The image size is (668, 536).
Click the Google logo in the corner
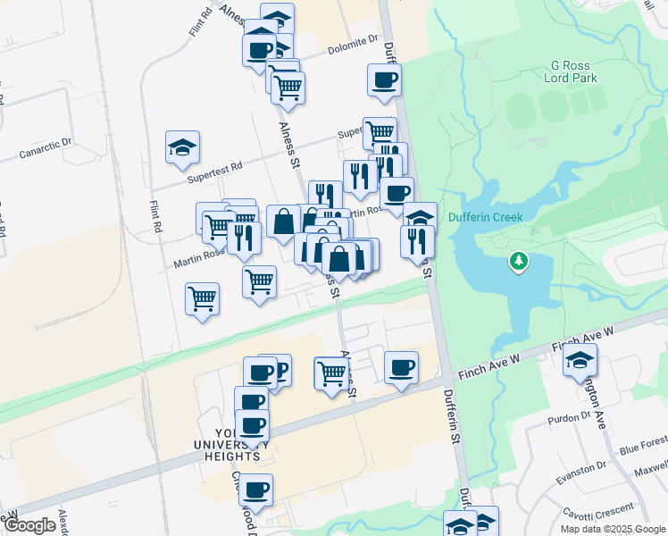29,525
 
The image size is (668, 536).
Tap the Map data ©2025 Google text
612,529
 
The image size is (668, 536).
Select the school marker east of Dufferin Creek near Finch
580,360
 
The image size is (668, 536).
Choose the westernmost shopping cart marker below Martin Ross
203,298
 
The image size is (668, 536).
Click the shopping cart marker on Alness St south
331,371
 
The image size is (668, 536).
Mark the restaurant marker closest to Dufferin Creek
417,240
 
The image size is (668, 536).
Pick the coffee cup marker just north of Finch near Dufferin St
401,367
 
